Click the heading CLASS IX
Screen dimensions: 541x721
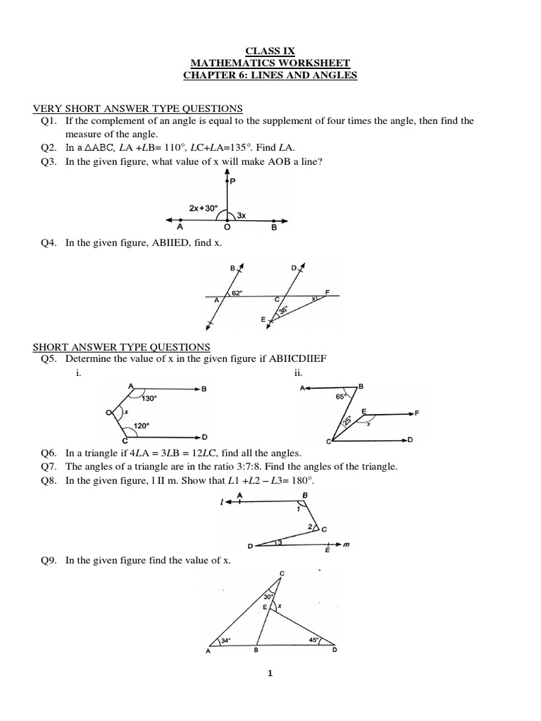(270, 51)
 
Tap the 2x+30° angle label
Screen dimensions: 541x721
(204, 208)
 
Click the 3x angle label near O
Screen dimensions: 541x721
(241, 215)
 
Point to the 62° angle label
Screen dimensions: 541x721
(237, 293)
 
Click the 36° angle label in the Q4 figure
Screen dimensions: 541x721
(282, 310)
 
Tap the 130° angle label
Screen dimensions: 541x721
(149, 398)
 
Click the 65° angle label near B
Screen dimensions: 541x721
(340, 397)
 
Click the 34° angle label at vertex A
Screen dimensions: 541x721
(226, 641)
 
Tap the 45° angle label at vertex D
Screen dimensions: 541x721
(314, 640)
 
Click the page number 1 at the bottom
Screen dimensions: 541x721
(270, 674)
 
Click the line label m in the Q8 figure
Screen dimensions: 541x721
(347, 544)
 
